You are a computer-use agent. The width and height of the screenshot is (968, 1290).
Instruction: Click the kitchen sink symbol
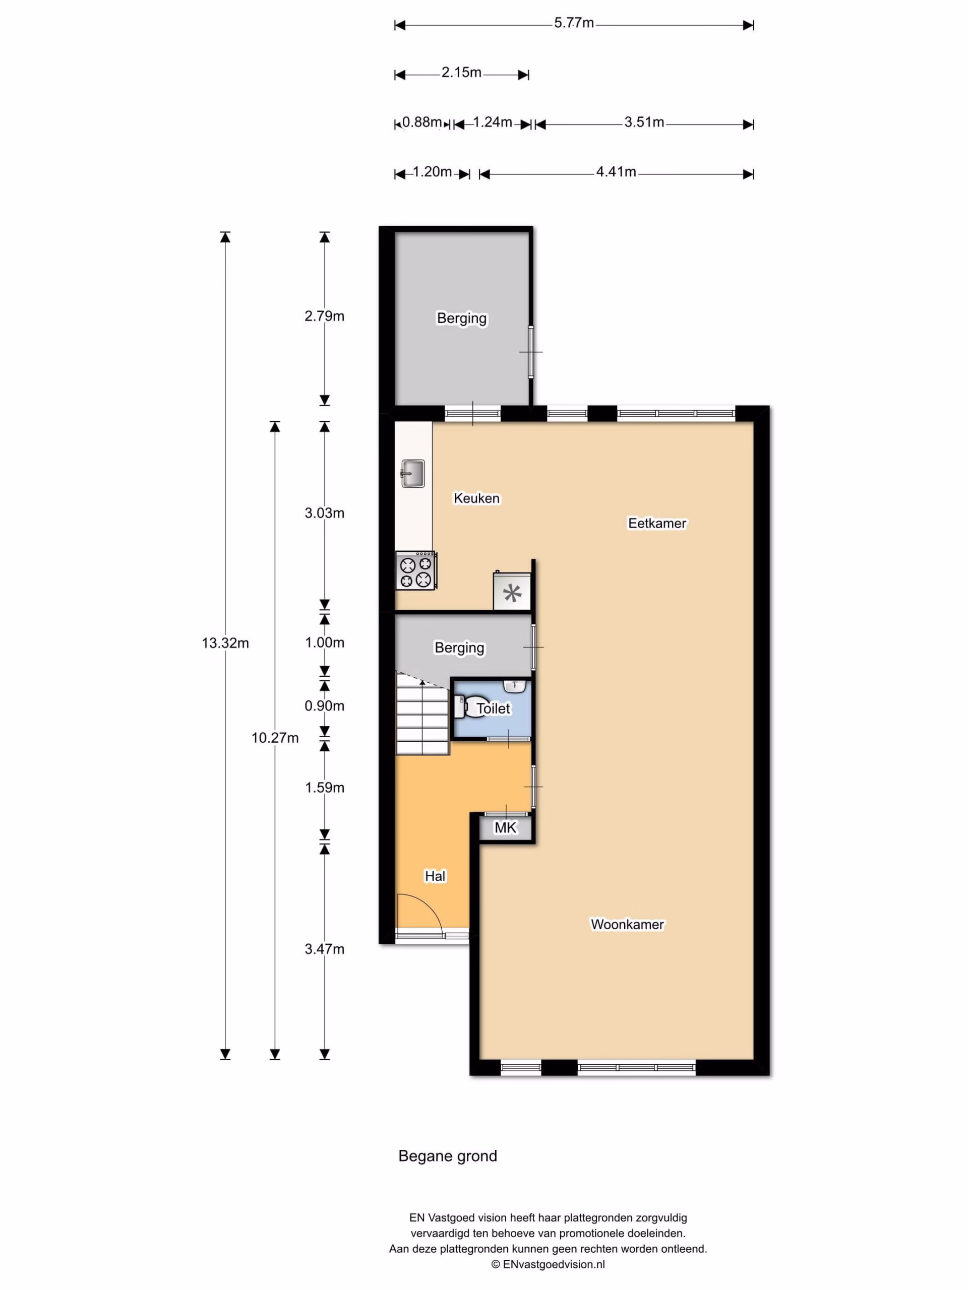pos(412,474)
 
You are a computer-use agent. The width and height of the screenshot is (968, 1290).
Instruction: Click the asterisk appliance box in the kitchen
pos(512,592)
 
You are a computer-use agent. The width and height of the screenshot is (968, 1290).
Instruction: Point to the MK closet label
pos(505,827)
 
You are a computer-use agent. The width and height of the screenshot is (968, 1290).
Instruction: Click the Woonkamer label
pos(627,924)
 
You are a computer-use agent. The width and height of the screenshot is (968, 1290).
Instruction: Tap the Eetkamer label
pos(657,523)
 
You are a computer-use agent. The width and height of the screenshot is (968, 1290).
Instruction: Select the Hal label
pos(435,876)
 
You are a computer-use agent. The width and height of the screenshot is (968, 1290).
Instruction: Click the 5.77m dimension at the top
pos(574,23)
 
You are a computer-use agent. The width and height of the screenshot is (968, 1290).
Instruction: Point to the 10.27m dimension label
pos(275,738)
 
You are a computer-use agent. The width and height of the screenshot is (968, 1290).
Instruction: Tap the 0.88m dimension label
pos(422,122)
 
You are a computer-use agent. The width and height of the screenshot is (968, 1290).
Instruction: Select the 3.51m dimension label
pos(644,122)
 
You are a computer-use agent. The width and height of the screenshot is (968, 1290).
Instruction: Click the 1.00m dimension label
pos(324,642)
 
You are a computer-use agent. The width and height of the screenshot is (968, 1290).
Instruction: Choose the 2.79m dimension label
pos(324,316)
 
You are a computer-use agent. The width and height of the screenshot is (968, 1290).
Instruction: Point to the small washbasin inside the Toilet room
pos(515,686)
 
